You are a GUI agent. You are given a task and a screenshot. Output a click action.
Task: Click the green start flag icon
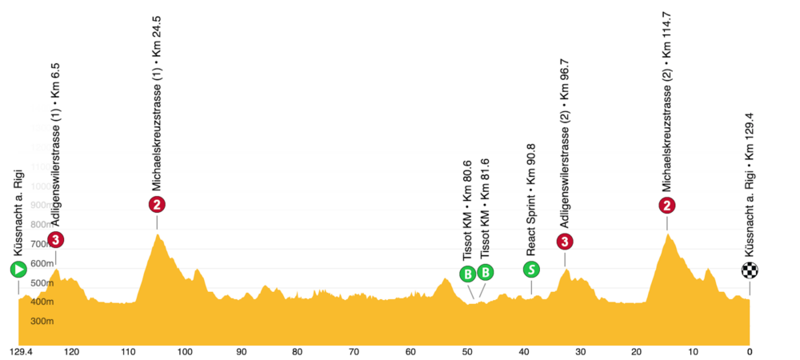click(x=18, y=270)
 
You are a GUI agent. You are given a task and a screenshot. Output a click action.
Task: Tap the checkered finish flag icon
click(x=750, y=270)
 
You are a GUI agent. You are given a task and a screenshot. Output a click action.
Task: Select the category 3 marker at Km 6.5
click(x=55, y=239)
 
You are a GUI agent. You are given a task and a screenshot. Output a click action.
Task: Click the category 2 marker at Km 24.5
click(x=158, y=204)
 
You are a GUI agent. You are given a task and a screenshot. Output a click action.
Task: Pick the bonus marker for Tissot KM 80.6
click(x=467, y=274)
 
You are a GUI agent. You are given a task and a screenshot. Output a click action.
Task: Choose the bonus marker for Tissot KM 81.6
click(x=486, y=273)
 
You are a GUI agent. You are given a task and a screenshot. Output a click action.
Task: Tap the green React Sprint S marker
click(x=531, y=269)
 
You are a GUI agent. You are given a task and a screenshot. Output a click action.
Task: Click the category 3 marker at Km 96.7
click(x=566, y=241)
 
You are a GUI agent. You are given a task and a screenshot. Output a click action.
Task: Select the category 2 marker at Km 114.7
click(x=666, y=206)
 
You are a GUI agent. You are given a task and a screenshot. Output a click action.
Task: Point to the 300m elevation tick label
click(x=42, y=322)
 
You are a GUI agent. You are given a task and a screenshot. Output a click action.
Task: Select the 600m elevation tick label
click(x=42, y=264)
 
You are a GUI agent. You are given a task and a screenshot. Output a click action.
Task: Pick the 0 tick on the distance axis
click(x=750, y=351)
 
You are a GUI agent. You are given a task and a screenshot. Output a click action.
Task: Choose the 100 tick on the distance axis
click(x=185, y=351)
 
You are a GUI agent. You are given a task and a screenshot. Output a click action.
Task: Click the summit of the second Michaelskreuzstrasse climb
click(x=666, y=234)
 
